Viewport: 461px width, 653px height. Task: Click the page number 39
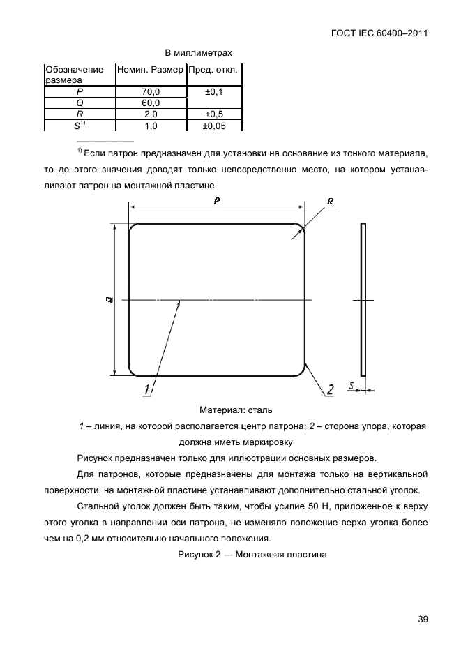(423, 619)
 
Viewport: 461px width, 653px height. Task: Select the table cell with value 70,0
(151, 91)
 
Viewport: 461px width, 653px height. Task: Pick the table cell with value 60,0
(151, 103)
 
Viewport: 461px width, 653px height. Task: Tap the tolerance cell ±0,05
(214, 126)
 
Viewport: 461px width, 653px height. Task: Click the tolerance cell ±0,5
(214, 114)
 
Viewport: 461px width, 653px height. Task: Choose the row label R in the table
(80, 114)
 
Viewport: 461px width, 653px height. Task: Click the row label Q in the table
(80, 103)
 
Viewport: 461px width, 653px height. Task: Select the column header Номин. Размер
(151, 70)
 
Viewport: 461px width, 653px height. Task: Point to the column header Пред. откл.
(214, 70)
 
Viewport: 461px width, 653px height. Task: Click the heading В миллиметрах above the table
(198, 52)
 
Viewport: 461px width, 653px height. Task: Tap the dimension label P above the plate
(217, 200)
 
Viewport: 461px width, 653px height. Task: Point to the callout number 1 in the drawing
(147, 389)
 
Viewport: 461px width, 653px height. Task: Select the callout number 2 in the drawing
(331, 389)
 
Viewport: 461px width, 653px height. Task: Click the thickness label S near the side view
(352, 384)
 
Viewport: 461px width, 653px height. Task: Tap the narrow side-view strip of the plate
(363, 300)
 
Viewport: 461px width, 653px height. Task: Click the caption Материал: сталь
(241, 410)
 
